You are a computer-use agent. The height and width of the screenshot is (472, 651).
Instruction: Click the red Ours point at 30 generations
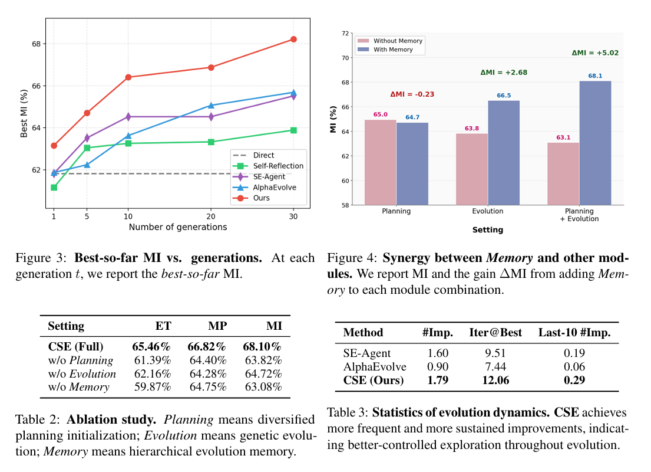pyautogui.click(x=293, y=39)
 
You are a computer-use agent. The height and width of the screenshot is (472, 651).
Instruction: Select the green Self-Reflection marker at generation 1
pyautogui.click(x=54, y=188)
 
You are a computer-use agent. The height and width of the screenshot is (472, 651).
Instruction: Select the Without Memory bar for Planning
pyautogui.click(x=381, y=162)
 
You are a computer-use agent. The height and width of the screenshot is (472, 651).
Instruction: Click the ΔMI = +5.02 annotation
pyautogui.click(x=595, y=53)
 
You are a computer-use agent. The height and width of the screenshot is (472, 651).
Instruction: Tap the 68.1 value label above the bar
pyautogui.click(x=595, y=76)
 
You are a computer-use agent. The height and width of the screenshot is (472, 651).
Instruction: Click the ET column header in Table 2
pyautogui.click(x=163, y=326)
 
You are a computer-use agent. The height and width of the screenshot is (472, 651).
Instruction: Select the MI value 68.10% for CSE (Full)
pyautogui.click(x=262, y=346)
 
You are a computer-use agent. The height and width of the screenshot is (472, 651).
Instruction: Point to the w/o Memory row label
pyautogui.click(x=78, y=387)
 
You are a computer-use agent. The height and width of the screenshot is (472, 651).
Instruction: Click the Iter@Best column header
pyautogui.click(x=495, y=333)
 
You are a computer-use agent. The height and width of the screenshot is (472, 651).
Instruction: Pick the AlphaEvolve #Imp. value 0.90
pyautogui.click(x=437, y=367)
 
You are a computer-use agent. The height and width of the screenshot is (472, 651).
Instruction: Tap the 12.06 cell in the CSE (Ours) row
pyautogui.click(x=495, y=381)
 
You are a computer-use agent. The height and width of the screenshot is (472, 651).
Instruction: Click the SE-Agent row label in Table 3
pyautogui.click(x=367, y=353)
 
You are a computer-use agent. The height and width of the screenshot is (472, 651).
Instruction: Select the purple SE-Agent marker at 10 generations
pyautogui.click(x=128, y=117)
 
